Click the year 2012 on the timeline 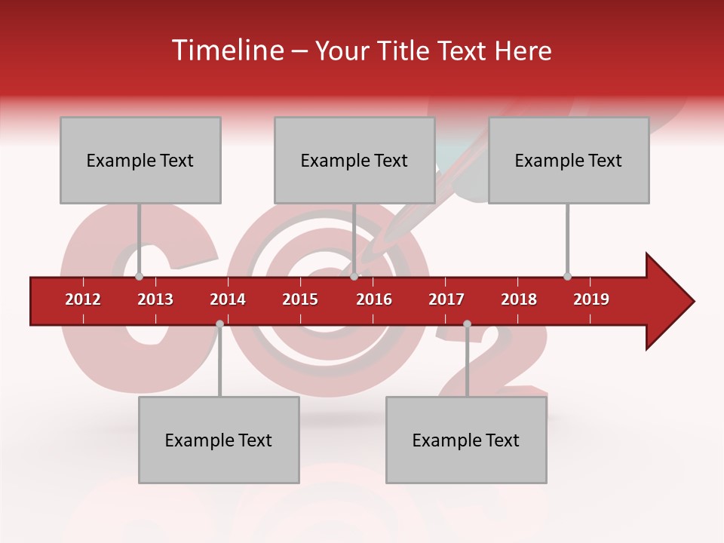click(x=83, y=299)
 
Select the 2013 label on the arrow click(x=155, y=299)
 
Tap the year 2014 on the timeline click(x=228, y=299)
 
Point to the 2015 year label click(x=300, y=299)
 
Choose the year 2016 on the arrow click(x=374, y=299)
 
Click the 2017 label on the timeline click(x=446, y=299)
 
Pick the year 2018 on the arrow click(x=519, y=299)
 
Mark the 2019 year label click(x=591, y=299)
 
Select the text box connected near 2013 click(x=140, y=160)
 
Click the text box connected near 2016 click(x=354, y=160)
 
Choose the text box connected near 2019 click(x=569, y=160)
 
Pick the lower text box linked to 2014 click(x=219, y=440)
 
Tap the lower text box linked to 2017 click(x=466, y=440)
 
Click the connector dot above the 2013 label click(x=139, y=276)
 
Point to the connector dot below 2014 click(x=219, y=324)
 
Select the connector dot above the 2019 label click(x=567, y=276)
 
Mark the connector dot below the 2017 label click(x=467, y=324)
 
